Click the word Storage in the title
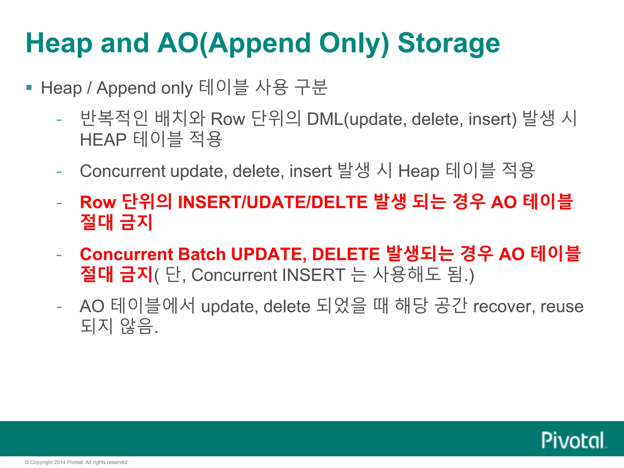pyautogui.click(x=448, y=43)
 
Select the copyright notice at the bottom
pyautogui.click(x=77, y=462)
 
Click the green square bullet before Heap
pyautogui.click(x=29, y=88)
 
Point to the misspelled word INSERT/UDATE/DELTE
pyautogui.click(x=272, y=202)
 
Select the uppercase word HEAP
pyautogui.click(x=103, y=140)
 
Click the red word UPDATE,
pyautogui.click(x=269, y=254)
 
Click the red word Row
pyautogui.click(x=98, y=202)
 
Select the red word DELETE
pyautogui.click(x=346, y=254)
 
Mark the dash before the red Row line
pyautogui.click(x=59, y=203)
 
